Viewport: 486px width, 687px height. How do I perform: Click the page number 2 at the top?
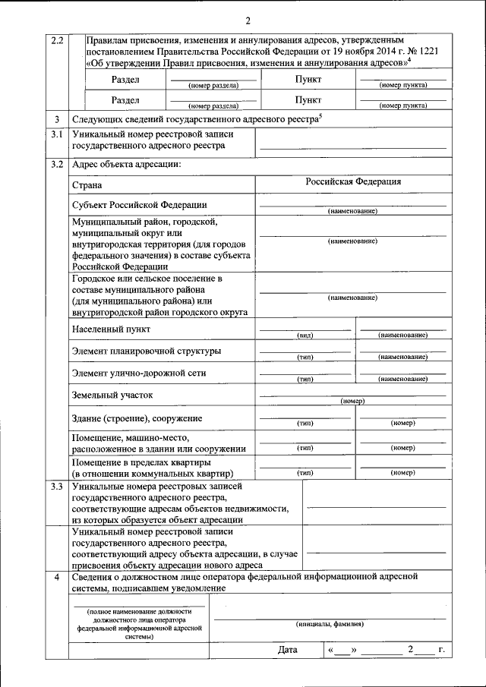248,20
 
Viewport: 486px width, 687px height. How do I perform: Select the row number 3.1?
57,134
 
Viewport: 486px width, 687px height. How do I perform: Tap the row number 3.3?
57,486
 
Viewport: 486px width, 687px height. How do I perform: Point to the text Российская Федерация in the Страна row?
353,182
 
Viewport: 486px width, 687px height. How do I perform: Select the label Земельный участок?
112,395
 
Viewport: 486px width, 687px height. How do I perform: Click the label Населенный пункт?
111,329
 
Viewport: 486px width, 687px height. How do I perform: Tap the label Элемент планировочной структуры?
147,351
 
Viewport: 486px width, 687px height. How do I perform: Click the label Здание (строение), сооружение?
137,418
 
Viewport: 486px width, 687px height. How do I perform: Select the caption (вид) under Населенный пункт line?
305,335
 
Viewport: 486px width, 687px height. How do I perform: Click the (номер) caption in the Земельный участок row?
353,401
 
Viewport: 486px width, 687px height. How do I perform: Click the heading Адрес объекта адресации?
126,164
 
